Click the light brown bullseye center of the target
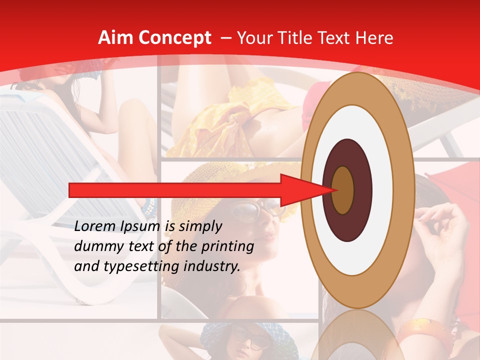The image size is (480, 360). click(x=343, y=190)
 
